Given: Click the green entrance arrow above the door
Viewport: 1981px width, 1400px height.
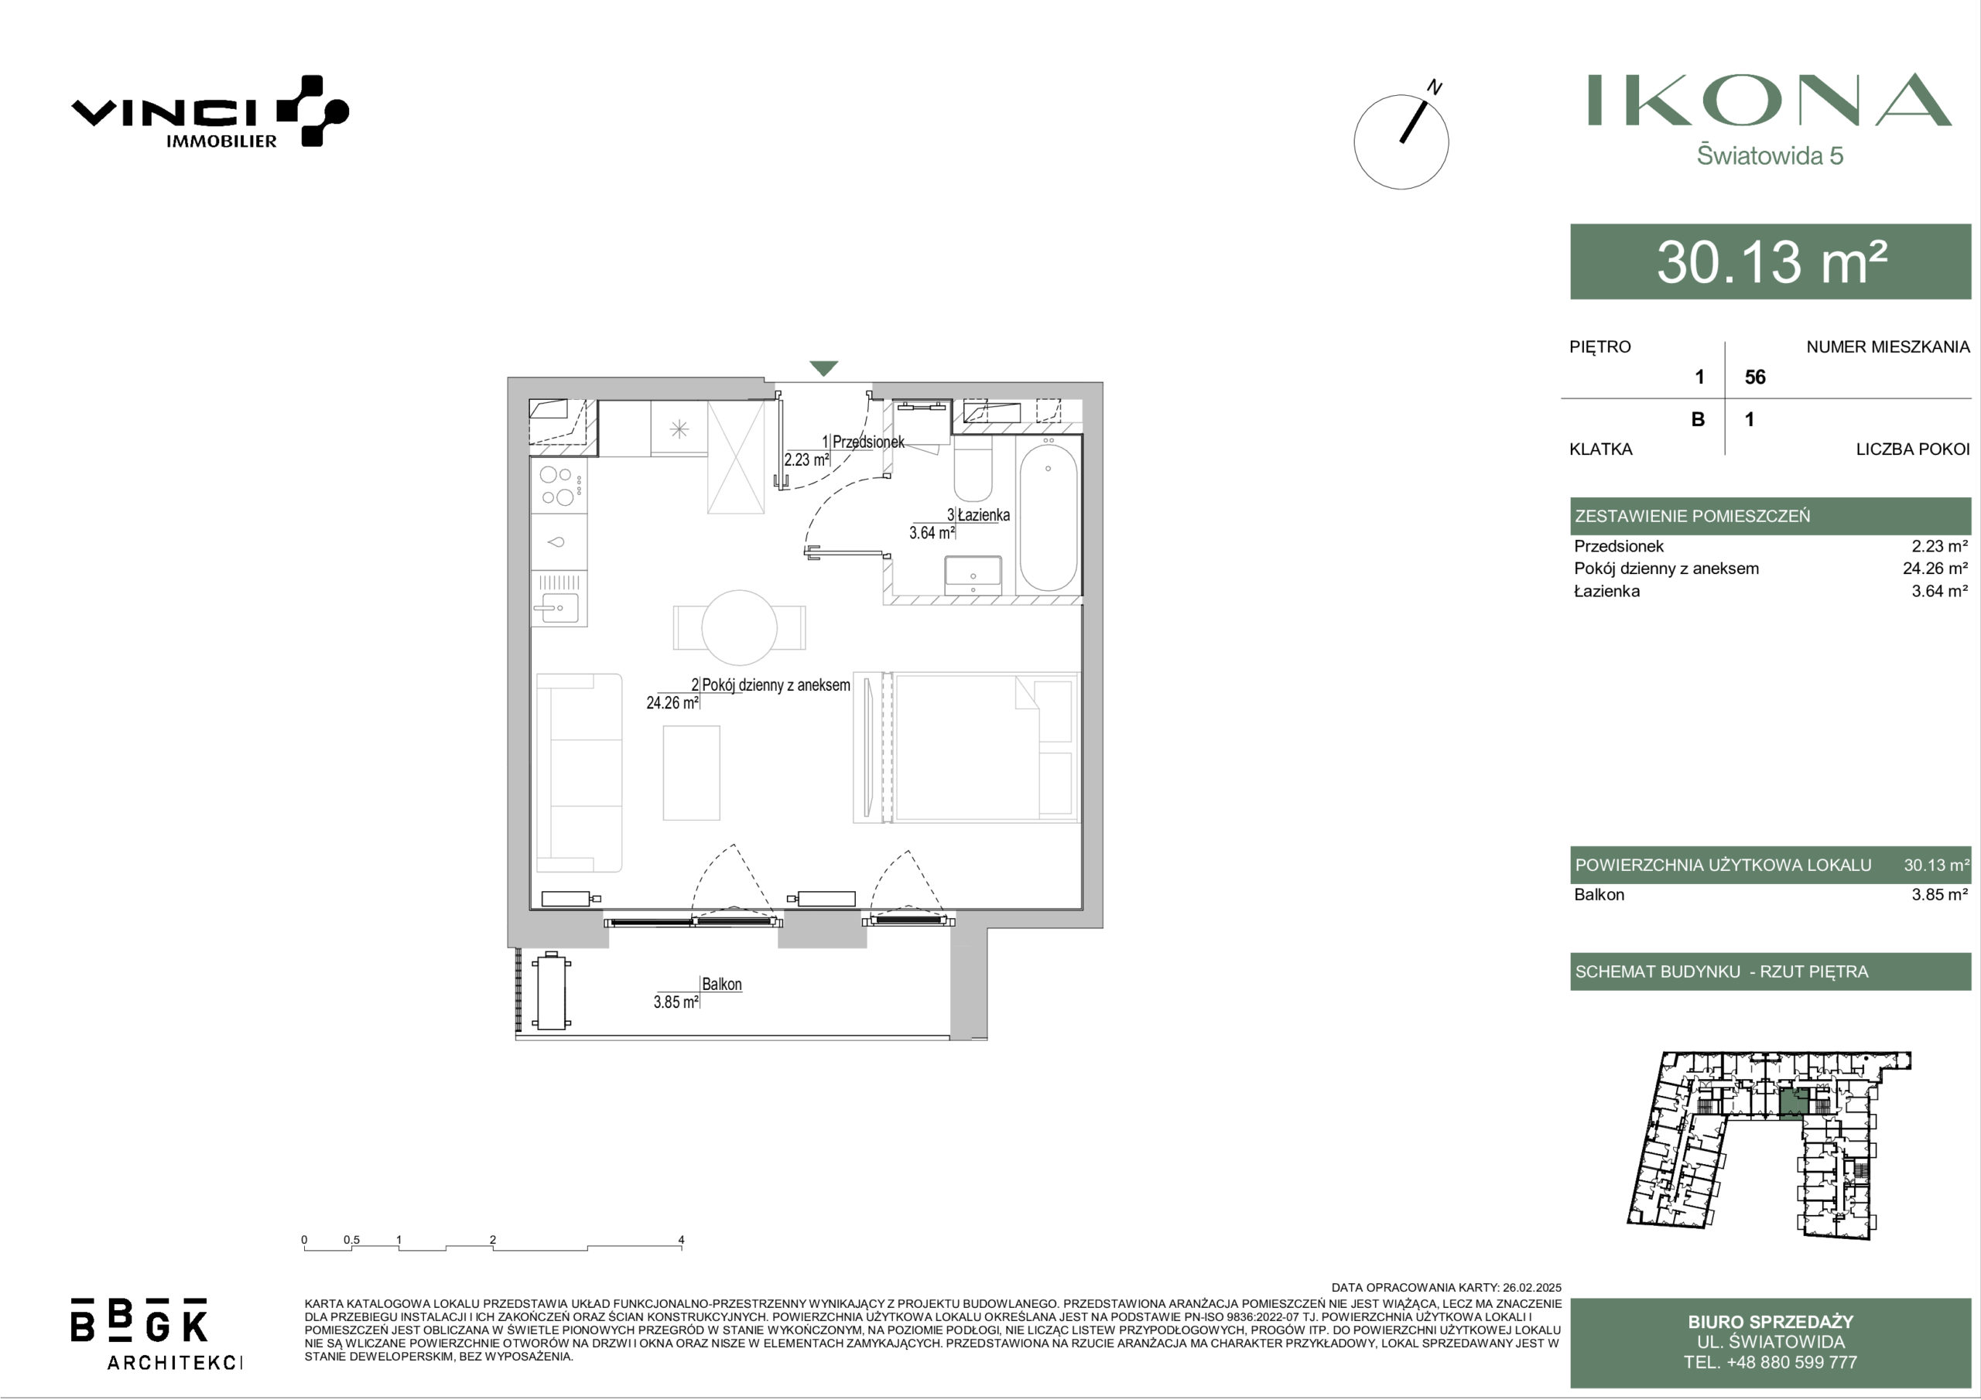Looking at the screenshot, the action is click(824, 368).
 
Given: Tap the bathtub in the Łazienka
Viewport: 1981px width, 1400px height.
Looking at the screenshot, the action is click(1049, 516).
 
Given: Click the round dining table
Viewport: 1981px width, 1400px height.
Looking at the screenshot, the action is click(740, 627).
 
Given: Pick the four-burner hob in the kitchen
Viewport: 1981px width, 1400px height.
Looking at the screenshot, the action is click(558, 486).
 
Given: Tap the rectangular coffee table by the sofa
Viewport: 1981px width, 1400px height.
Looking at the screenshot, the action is click(691, 773).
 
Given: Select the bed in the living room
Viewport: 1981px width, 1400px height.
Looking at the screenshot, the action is click(984, 747).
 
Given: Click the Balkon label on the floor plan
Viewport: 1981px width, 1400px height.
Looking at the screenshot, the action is click(721, 984).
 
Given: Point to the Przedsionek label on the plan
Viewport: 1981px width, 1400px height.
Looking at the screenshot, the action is click(868, 442).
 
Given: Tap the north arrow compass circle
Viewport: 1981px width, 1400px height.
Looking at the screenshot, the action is click(1401, 142).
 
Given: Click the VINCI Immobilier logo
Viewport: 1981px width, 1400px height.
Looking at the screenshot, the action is click(210, 112).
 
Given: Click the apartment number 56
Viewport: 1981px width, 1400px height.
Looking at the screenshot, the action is click(1755, 377).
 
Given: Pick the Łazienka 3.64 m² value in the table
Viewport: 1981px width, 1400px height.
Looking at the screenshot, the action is click(1939, 591).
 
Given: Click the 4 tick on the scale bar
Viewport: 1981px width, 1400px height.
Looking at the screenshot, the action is click(681, 1240).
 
